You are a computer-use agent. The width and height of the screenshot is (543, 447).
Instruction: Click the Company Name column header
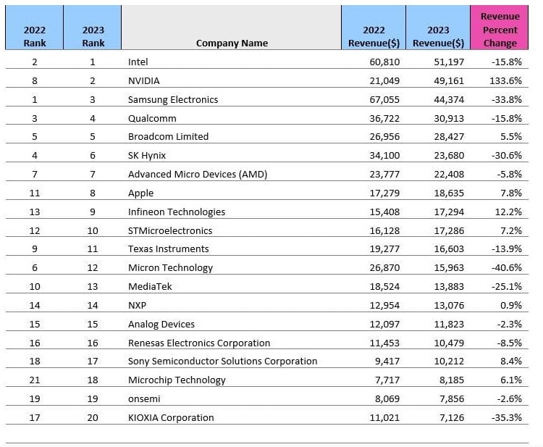tap(232, 43)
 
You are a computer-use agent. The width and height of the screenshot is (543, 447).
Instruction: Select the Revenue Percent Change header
tap(500, 30)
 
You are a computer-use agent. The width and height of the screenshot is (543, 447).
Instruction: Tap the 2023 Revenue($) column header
tap(438, 36)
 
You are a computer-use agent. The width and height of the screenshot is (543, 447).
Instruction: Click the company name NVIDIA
tap(144, 80)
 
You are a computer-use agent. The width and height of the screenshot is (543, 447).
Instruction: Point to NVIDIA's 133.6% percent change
tap(505, 80)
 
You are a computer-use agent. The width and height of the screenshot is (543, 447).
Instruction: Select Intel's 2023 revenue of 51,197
tap(449, 62)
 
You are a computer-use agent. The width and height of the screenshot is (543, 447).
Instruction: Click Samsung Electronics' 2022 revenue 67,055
tap(384, 100)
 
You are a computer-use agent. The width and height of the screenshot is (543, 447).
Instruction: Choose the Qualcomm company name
tap(152, 119)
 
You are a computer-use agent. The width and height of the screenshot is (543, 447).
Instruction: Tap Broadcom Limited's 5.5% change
tap(511, 136)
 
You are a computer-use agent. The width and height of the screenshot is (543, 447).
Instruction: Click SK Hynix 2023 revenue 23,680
tap(449, 155)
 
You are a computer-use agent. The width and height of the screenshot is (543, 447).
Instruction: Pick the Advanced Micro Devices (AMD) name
tap(198, 174)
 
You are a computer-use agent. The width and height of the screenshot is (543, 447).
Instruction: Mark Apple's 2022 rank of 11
tap(35, 193)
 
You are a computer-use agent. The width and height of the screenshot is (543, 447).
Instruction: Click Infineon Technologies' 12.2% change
tap(508, 212)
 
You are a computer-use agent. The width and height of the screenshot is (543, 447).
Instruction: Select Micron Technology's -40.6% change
tap(507, 267)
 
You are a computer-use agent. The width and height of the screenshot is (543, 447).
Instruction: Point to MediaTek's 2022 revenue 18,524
tap(384, 287)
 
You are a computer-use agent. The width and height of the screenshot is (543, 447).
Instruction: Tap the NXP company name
tap(137, 305)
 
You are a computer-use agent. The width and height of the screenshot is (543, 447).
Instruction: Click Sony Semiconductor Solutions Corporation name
tap(222, 361)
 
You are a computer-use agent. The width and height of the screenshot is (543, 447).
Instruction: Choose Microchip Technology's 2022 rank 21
tap(35, 380)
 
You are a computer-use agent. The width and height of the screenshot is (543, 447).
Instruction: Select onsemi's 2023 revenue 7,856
tap(452, 399)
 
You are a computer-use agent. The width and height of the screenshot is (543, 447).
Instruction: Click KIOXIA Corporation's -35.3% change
tap(507, 417)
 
